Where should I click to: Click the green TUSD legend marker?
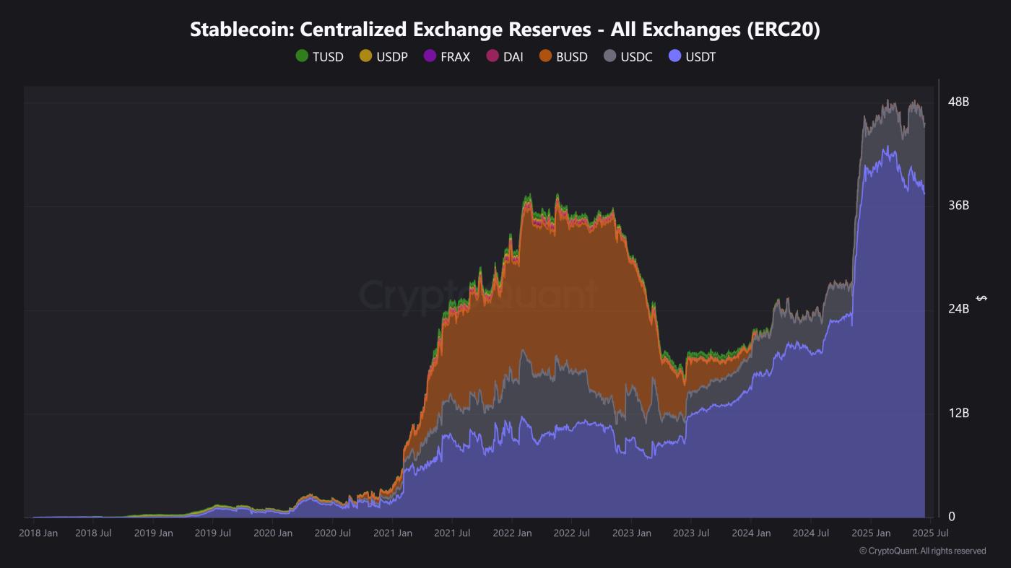pyautogui.click(x=302, y=56)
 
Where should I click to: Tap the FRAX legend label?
pyautogui.click(x=455, y=57)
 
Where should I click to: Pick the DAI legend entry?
pyautogui.click(x=513, y=57)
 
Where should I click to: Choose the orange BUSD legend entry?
pyautogui.click(x=571, y=57)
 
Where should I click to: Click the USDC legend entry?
pyautogui.click(x=636, y=57)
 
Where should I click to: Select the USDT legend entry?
pyautogui.click(x=700, y=57)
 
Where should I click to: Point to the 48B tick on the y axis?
pyautogui.click(x=958, y=102)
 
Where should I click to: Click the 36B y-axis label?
pyautogui.click(x=958, y=206)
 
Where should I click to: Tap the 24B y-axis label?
pyautogui.click(x=958, y=309)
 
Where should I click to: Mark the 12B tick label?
pyautogui.click(x=958, y=413)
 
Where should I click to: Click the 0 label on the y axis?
pyautogui.click(x=951, y=517)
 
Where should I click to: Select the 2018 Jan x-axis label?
pyautogui.click(x=38, y=533)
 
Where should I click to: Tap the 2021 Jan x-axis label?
pyautogui.click(x=392, y=533)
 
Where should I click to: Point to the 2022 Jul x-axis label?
pyautogui.click(x=570, y=533)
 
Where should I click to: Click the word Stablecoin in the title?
pyautogui.click(x=241, y=30)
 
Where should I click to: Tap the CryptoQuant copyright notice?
pyautogui.click(x=922, y=551)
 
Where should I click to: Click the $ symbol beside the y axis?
pyautogui.click(x=981, y=298)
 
